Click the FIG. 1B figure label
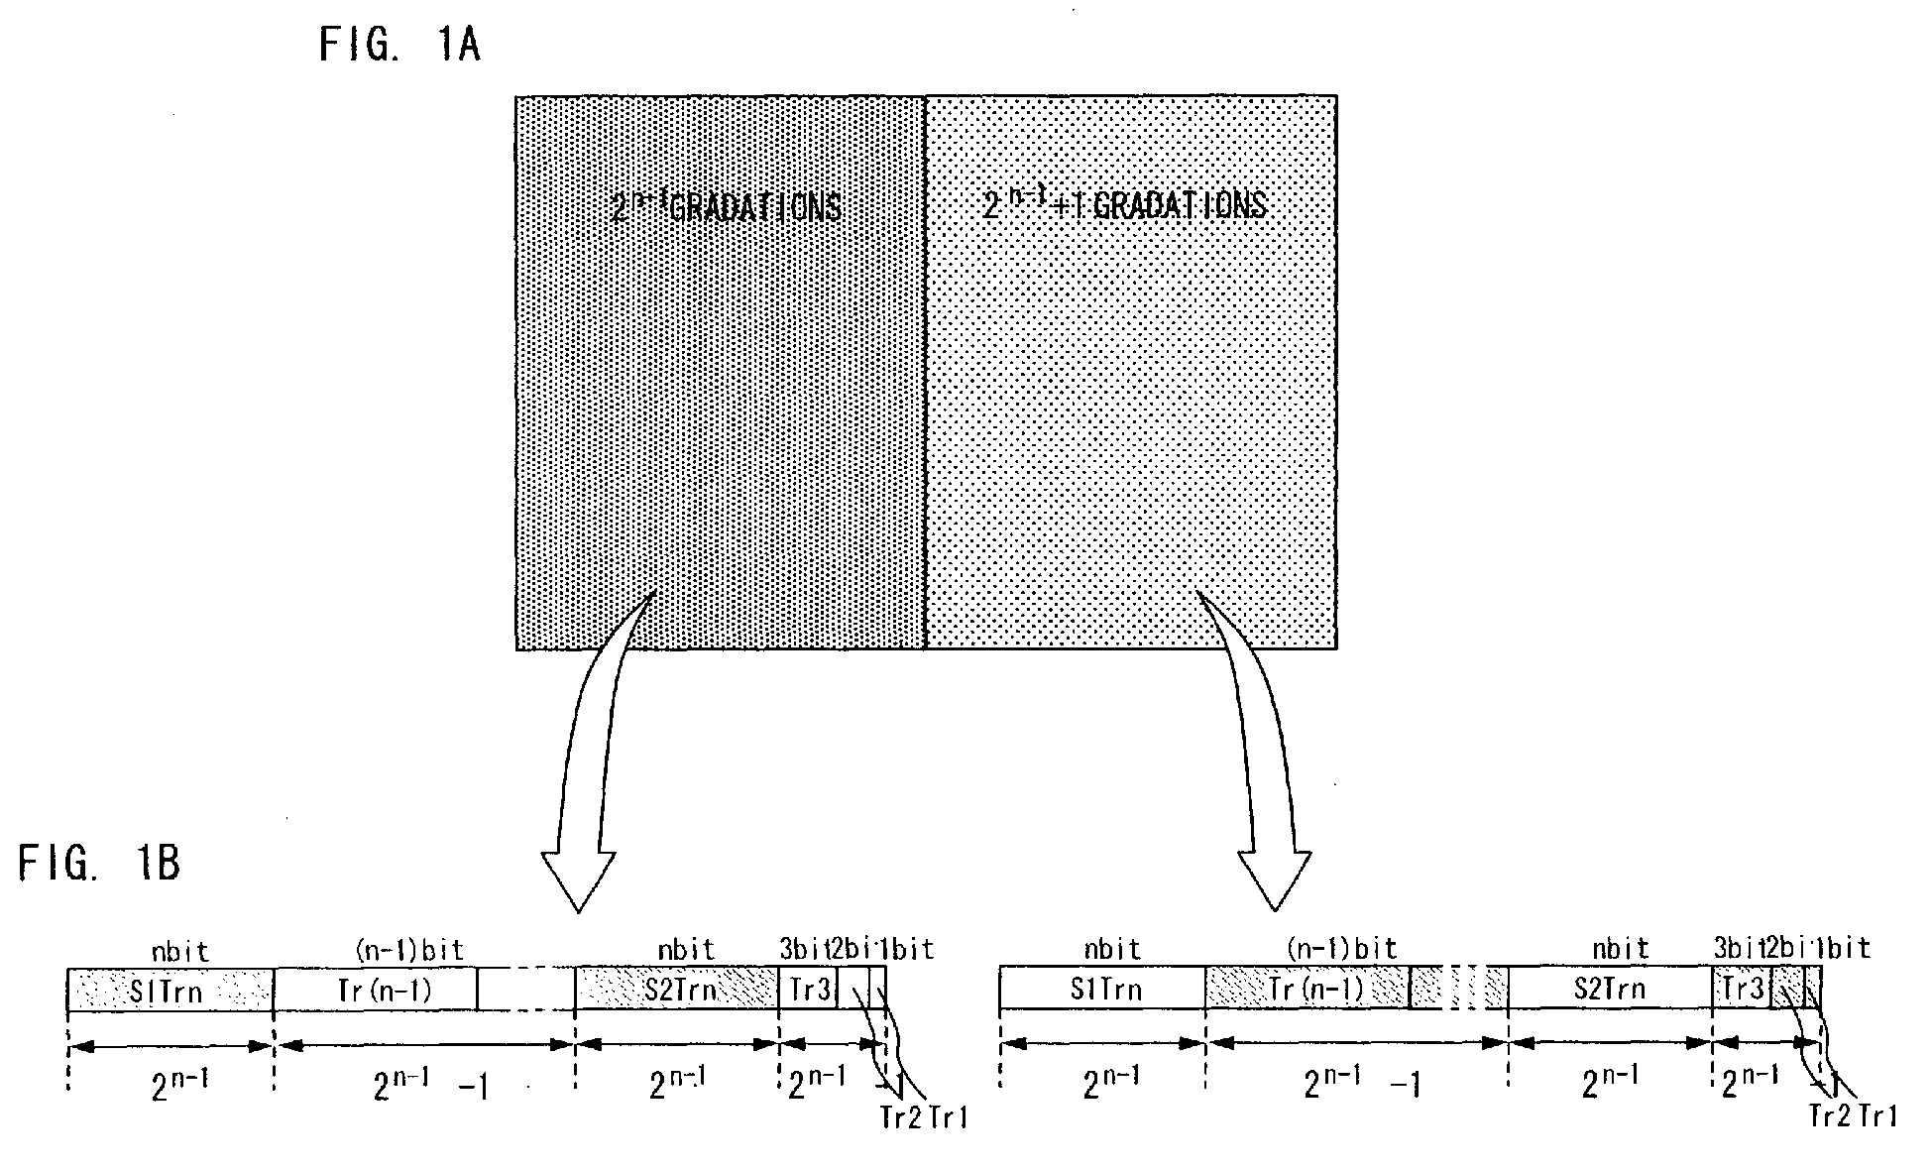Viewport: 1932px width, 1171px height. click(99, 864)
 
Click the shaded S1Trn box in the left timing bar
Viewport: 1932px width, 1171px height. click(170, 990)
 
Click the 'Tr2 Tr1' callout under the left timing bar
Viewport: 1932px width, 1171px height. click(923, 1117)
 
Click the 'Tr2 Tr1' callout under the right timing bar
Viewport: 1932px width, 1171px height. click(1853, 1115)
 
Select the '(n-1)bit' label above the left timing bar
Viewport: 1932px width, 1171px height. click(408, 950)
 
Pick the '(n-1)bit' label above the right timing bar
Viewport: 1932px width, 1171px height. click(1341, 949)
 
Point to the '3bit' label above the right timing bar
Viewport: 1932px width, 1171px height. click(1735, 949)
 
